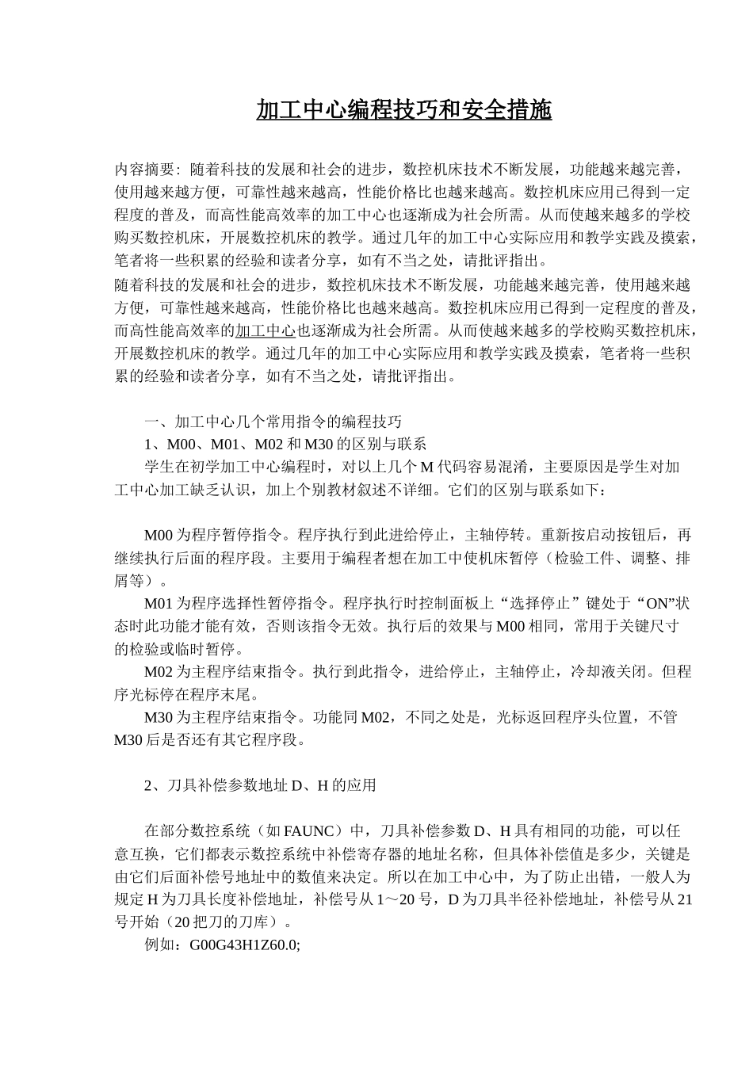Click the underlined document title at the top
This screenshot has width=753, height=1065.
[x=403, y=110]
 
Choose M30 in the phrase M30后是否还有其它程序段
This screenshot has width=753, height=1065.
[x=128, y=741]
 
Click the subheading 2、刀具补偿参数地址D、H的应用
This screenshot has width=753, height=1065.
[x=260, y=785]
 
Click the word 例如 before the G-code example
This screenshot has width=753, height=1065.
[x=161, y=945]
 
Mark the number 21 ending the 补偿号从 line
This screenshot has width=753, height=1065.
[x=686, y=899]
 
